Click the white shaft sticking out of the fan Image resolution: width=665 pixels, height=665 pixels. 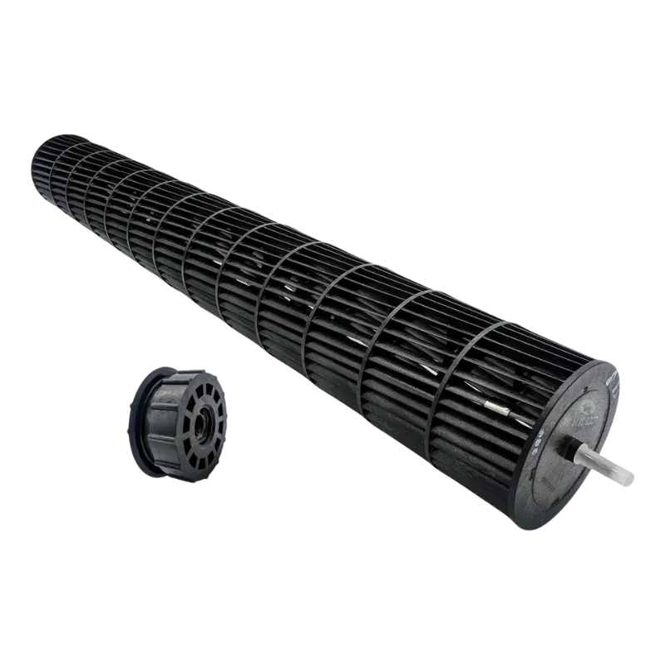coord(605,465)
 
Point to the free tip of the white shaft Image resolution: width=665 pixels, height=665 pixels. coord(631,480)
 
